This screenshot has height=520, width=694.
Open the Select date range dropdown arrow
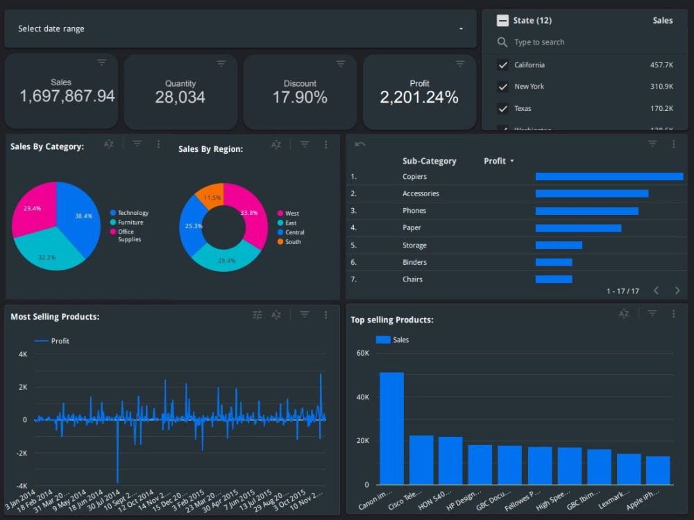tap(461, 29)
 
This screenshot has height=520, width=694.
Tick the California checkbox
tap(503, 65)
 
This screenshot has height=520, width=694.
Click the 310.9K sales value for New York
tap(661, 87)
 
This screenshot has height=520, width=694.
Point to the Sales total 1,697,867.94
tap(67, 96)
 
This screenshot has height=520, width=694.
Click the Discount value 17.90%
tap(300, 98)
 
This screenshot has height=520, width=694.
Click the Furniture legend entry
tap(130, 223)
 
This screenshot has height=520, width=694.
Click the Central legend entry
tap(294, 232)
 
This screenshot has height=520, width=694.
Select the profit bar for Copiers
tap(609, 177)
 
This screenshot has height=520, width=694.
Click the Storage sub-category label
tap(414, 245)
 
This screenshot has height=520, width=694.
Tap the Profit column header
tap(496, 161)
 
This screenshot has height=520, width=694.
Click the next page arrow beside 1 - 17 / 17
tap(677, 291)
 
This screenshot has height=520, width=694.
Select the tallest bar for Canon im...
tap(391, 428)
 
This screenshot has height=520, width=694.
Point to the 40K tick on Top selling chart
tap(362, 397)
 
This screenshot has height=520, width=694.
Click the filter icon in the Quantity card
tap(221, 63)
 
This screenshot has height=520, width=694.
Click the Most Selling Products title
tap(55, 317)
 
